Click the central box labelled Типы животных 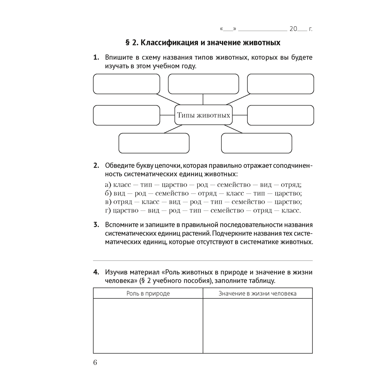pyautogui.click(x=203, y=115)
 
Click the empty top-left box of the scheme pyautogui.click(x=127, y=84)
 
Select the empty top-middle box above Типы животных pyautogui.click(x=203, y=84)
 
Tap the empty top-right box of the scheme pyautogui.click(x=280, y=84)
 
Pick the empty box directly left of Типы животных pyautogui.click(x=127, y=115)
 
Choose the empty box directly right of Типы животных pyautogui.click(x=280, y=115)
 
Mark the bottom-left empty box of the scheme pyautogui.click(x=154, y=143)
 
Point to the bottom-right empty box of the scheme pyautogui.click(x=256, y=143)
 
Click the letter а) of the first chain pyautogui.click(x=108, y=185)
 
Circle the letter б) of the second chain pyautogui.click(x=108, y=193)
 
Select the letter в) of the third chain pyautogui.click(x=108, y=202)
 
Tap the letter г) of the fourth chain pyautogui.click(x=108, y=211)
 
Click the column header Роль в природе pyautogui.click(x=148, y=293)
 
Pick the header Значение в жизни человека pyautogui.click(x=258, y=293)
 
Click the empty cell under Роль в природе pyautogui.click(x=148, y=326)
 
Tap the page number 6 pyautogui.click(x=95, y=362)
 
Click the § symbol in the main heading pyautogui.click(x=127, y=42)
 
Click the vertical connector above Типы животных pyautogui.click(x=203, y=99)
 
